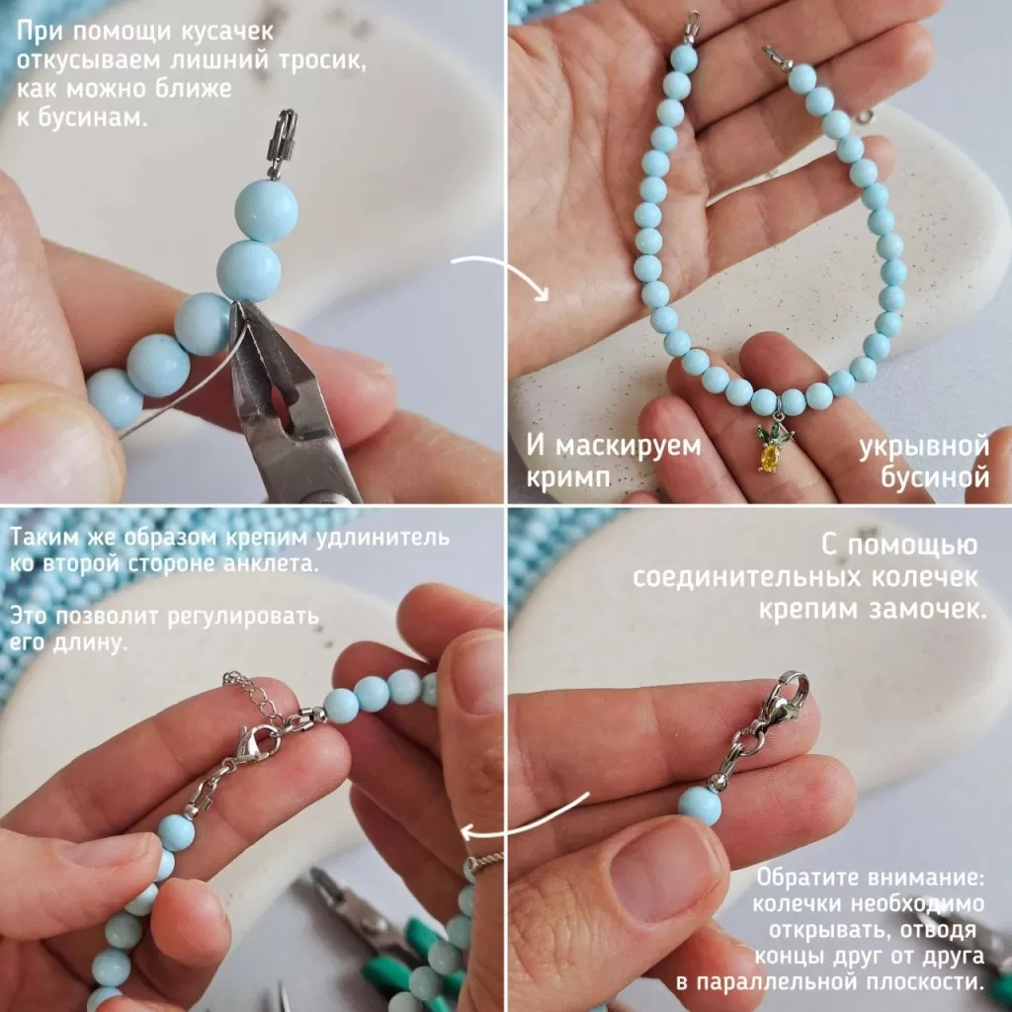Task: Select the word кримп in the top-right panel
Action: click(x=567, y=478)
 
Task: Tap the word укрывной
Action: click(x=924, y=447)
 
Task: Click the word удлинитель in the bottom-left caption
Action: click(x=386, y=537)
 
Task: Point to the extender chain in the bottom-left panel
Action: click(x=253, y=694)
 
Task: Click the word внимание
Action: click(x=925, y=878)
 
